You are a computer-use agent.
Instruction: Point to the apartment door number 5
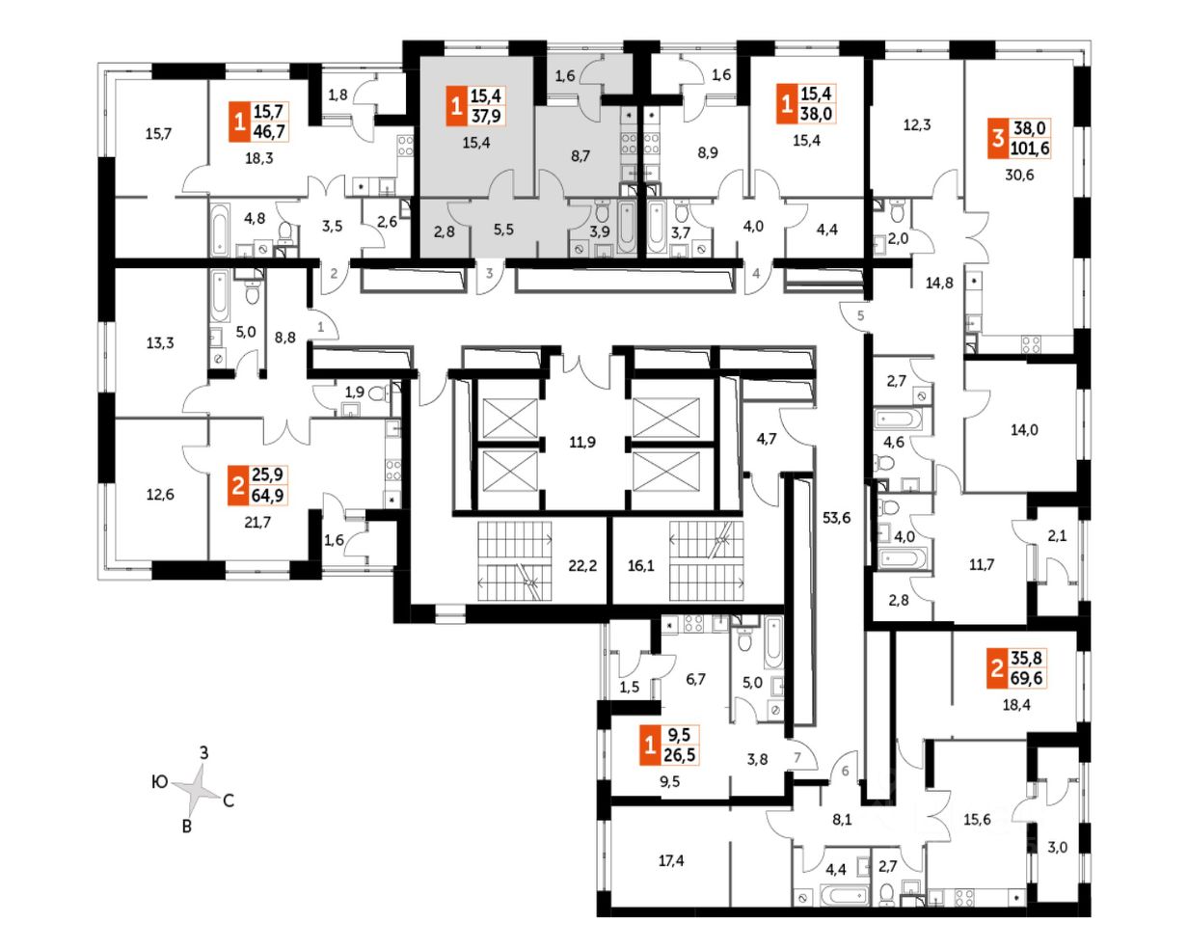click(860, 315)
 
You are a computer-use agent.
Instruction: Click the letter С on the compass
click(229, 800)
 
